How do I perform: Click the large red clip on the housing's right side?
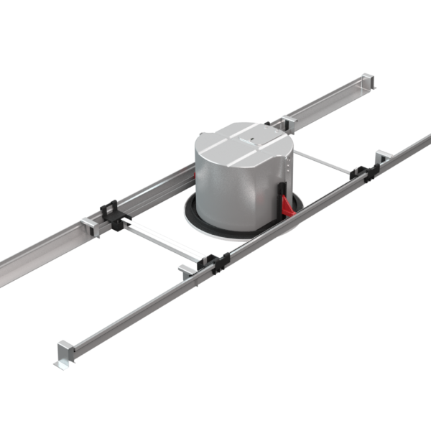click(287, 205)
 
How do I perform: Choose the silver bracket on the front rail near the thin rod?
click(381, 156)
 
